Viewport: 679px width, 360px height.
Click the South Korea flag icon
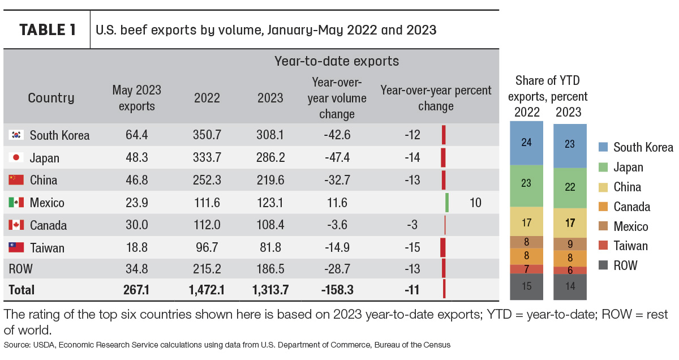pos(16,135)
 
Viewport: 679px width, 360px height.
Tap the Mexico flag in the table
pos(16,202)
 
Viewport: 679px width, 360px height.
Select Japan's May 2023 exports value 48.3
pos(137,157)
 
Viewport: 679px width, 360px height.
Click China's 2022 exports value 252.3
pos(207,180)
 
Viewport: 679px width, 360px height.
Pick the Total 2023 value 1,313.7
pos(270,290)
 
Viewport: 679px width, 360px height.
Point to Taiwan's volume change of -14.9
pos(337,247)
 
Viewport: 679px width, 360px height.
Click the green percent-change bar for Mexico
pos(447,203)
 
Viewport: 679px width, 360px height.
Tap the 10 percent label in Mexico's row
pos(475,203)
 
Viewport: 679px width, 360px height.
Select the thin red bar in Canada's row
pos(445,225)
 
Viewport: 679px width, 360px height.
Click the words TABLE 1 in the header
pos(48,30)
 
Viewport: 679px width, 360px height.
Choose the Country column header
pos(51,98)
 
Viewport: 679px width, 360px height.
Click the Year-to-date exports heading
pos(337,61)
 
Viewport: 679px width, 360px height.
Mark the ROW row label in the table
pos(20,269)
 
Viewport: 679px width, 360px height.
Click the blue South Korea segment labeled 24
pos(526,143)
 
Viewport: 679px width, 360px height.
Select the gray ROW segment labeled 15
pos(526,286)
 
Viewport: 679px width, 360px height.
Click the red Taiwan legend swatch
pos(603,245)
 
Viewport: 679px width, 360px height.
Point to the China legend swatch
pos(603,187)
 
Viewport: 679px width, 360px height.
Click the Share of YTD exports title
pos(548,88)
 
